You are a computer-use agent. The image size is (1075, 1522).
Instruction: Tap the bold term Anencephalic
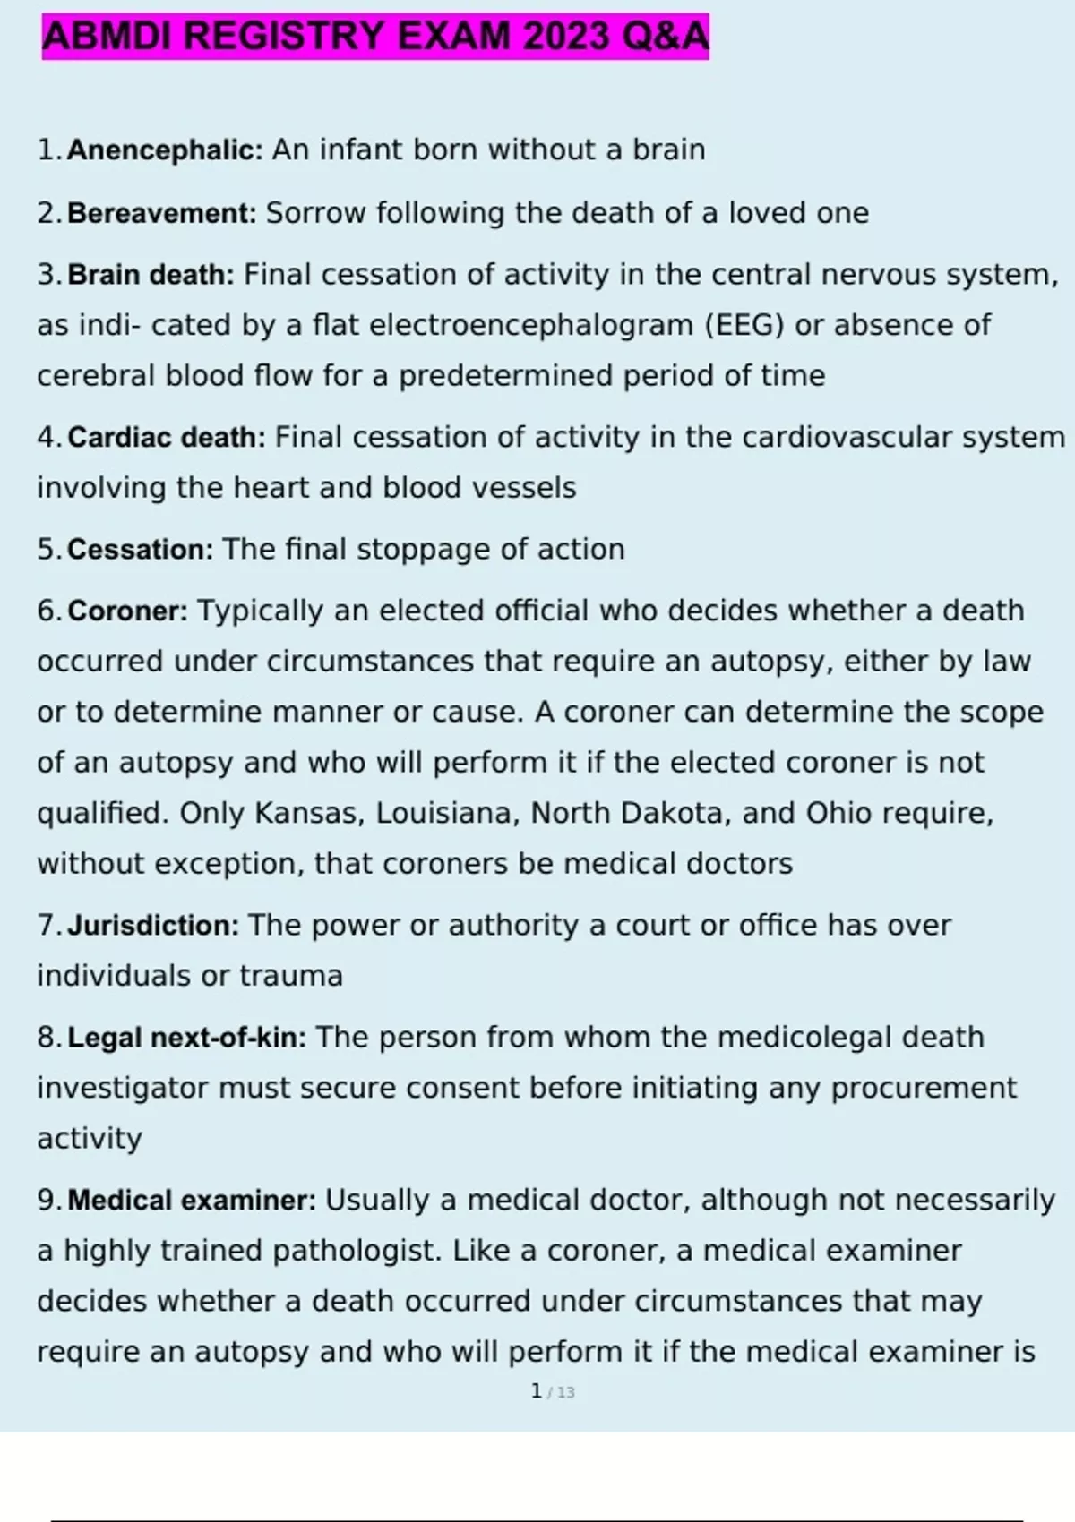click(165, 150)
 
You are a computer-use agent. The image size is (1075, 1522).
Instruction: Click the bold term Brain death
click(150, 274)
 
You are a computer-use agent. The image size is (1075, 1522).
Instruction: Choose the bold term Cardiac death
click(167, 437)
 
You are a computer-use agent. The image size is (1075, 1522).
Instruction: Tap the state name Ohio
click(838, 813)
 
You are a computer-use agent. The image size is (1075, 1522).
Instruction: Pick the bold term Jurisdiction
click(153, 925)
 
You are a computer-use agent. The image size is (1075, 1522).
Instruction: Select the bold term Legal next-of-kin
click(187, 1038)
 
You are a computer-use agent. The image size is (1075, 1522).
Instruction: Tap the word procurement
click(924, 1088)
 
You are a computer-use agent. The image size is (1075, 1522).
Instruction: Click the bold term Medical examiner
click(192, 1200)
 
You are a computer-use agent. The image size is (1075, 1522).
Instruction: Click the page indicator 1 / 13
click(553, 1391)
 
